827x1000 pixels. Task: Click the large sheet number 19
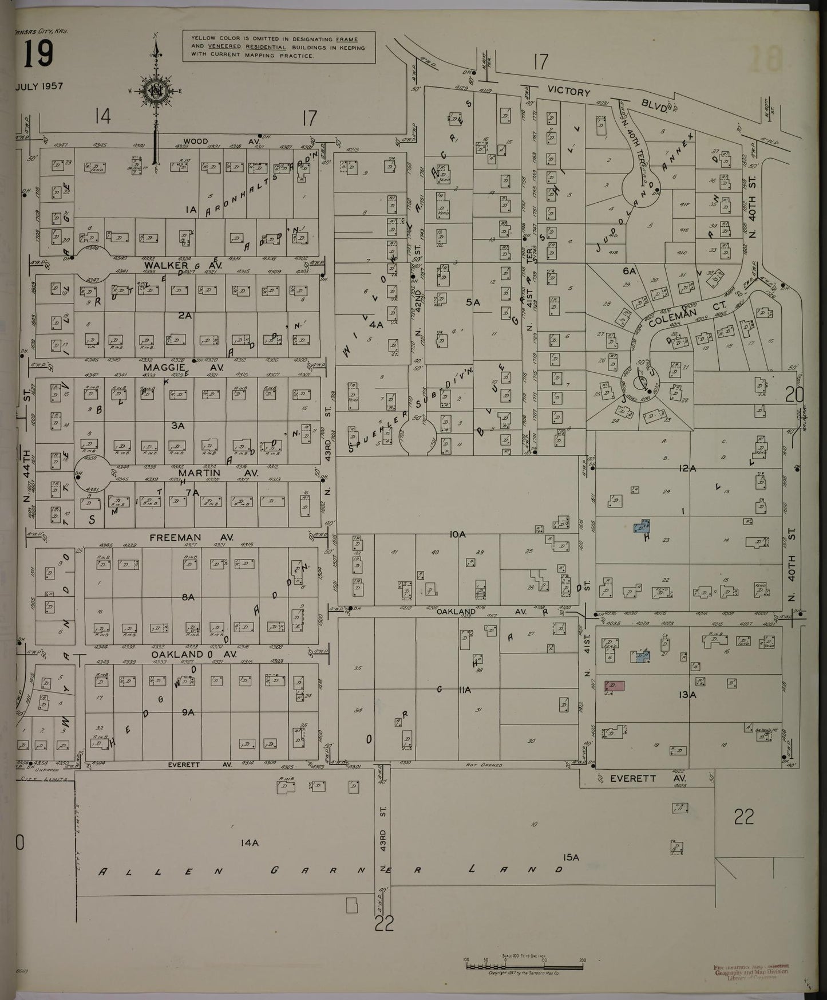(x=39, y=55)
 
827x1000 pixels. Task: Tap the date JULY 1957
(x=39, y=86)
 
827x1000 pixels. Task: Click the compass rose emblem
(x=155, y=90)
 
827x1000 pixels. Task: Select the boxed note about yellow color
(x=279, y=47)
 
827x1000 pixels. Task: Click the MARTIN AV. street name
(x=218, y=473)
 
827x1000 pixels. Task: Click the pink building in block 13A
(x=615, y=686)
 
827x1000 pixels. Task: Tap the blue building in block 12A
(x=642, y=526)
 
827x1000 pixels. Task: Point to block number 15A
(x=571, y=857)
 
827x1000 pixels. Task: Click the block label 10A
(x=458, y=534)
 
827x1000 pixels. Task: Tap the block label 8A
(x=188, y=597)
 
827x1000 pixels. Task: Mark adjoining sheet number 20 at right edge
(x=795, y=395)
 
